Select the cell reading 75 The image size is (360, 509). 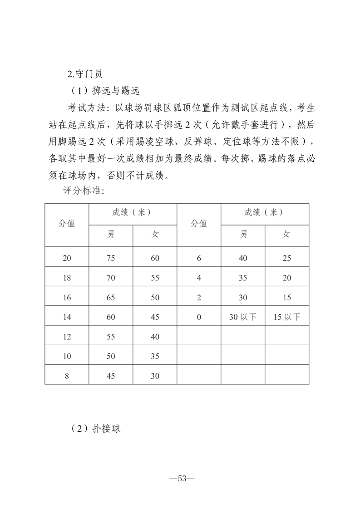(x=111, y=258)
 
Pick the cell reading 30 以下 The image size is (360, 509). (x=243, y=317)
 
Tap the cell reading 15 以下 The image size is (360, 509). (x=287, y=317)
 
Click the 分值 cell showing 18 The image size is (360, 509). (x=67, y=278)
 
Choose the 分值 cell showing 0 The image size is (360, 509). (x=199, y=317)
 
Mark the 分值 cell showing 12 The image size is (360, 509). (x=67, y=337)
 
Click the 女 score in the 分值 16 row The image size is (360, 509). (x=155, y=298)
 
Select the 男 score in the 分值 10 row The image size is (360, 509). (x=111, y=356)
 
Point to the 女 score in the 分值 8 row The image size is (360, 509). (x=155, y=376)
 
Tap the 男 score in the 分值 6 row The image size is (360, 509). (x=243, y=258)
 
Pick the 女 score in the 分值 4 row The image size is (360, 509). (x=287, y=278)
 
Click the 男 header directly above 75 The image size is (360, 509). (x=111, y=235)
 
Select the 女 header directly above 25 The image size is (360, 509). (x=287, y=235)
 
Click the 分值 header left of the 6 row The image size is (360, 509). (x=199, y=224)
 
